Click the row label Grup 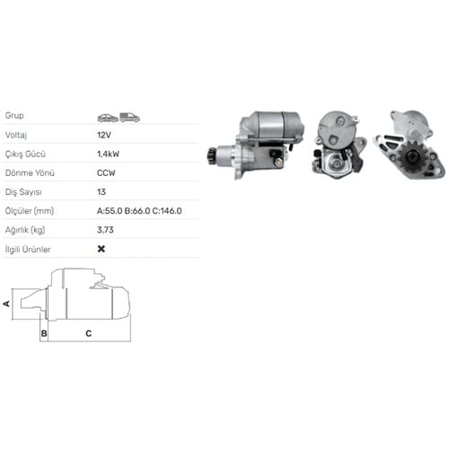pos(14,115)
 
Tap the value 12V pos(104,135)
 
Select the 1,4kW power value pos(108,154)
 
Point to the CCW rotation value pos(106,173)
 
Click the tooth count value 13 pos(101,192)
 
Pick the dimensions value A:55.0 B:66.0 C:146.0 pos(139,211)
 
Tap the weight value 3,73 pos(105,230)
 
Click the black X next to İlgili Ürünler pos(101,249)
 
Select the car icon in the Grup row pos(108,118)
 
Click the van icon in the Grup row pos(129,118)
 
